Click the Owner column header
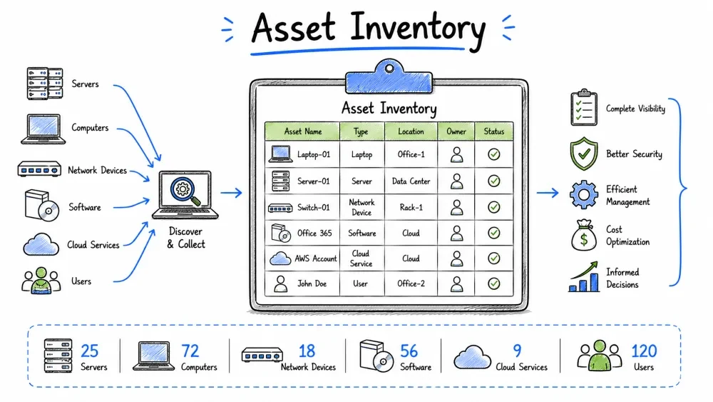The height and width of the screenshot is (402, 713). point(456,131)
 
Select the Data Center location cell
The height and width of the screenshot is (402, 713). point(411,181)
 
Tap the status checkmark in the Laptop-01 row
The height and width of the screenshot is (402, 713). point(494,154)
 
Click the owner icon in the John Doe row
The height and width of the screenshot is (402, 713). point(456,283)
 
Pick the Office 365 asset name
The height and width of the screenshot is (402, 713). point(314,233)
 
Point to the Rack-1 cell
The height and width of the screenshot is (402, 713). point(411,207)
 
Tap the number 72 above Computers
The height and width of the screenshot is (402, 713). point(190,351)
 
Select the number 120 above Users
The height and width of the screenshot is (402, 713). point(644,351)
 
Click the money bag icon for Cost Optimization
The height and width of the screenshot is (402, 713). point(584,235)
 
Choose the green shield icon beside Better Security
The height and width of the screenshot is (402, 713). point(584,154)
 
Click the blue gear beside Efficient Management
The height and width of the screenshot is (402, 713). point(584,195)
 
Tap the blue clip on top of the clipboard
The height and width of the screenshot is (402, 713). point(389,77)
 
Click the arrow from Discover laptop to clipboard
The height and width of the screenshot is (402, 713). point(232,193)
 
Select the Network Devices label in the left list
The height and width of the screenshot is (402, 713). point(97,170)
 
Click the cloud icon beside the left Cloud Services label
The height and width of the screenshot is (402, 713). point(41,244)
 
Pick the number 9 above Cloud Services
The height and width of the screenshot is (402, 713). point(517,351)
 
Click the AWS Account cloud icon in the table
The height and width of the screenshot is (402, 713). point(280,258)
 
